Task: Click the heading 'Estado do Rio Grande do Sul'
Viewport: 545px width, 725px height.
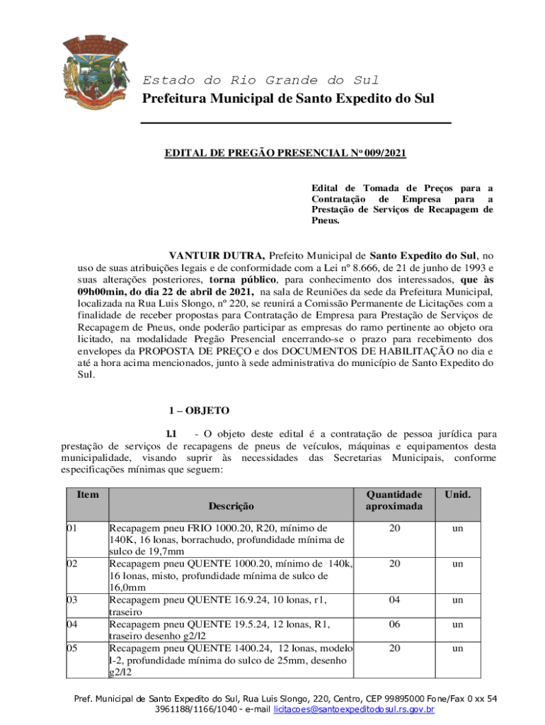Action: [x=260, y=80]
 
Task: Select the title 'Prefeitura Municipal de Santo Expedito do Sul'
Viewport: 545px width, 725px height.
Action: [x=289, y=98]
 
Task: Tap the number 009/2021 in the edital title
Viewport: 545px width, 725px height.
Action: [x=385, y=152]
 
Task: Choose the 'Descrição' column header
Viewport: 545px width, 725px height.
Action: [x=230, y=506]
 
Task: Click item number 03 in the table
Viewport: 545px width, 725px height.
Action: [x=72, y=600]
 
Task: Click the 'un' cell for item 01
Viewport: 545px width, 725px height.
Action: [x=458, y=528]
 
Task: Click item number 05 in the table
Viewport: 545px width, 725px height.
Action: [x=72, y=649]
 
